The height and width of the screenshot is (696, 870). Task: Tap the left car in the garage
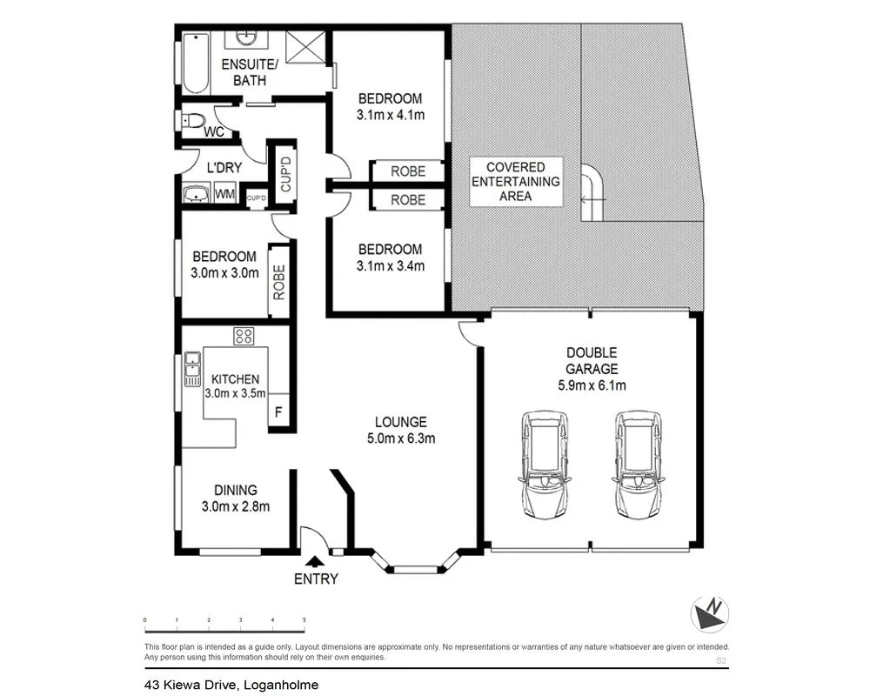coord(545,464)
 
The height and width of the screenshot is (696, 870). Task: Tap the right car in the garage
coord(638,464)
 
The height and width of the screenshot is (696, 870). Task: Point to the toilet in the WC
coord(192,121)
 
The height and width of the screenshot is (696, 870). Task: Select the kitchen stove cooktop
coord(243,336)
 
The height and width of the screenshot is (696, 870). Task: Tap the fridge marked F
coord(278,412)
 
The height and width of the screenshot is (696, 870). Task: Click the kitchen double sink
coord(191,370)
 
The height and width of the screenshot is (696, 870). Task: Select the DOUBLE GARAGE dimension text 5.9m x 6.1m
coord(592,385)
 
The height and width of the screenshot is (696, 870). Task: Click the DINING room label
coord(230,490)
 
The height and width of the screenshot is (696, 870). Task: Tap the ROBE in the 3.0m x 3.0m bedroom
coord(279,283)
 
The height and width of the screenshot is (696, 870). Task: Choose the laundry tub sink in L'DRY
coord(196,193)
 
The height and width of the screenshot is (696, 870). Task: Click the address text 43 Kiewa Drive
coord(231,685)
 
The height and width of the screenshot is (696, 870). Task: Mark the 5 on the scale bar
coord(304,619)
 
